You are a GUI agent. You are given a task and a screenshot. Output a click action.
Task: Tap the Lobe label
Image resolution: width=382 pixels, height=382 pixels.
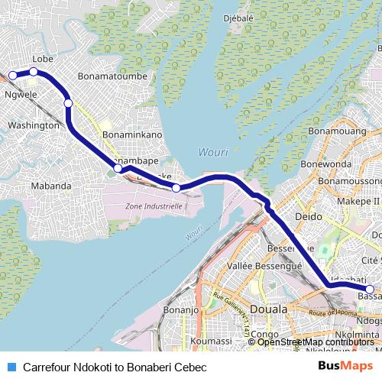(42, 59)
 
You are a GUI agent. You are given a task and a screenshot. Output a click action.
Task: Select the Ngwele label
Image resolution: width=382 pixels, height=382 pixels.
(21, 94)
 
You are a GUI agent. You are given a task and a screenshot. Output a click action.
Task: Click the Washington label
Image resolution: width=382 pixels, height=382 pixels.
(33, 125)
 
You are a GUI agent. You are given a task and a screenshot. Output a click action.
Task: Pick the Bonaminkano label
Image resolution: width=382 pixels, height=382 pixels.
(132, 134)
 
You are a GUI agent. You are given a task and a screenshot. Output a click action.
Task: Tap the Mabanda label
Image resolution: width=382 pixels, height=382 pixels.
(50, 186)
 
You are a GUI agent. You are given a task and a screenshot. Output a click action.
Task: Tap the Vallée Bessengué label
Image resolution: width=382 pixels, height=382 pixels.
(265, 266)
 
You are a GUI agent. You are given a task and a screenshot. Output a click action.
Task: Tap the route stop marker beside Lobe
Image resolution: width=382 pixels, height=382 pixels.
(34, 72)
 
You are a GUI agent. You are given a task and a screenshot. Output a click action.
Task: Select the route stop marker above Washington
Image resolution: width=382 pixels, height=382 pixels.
(68, 103)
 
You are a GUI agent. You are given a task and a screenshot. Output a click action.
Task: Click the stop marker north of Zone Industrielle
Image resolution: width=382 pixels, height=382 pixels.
(176, 188)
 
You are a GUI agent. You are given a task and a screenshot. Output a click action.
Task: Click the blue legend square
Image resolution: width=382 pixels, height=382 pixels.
(11, 367)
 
